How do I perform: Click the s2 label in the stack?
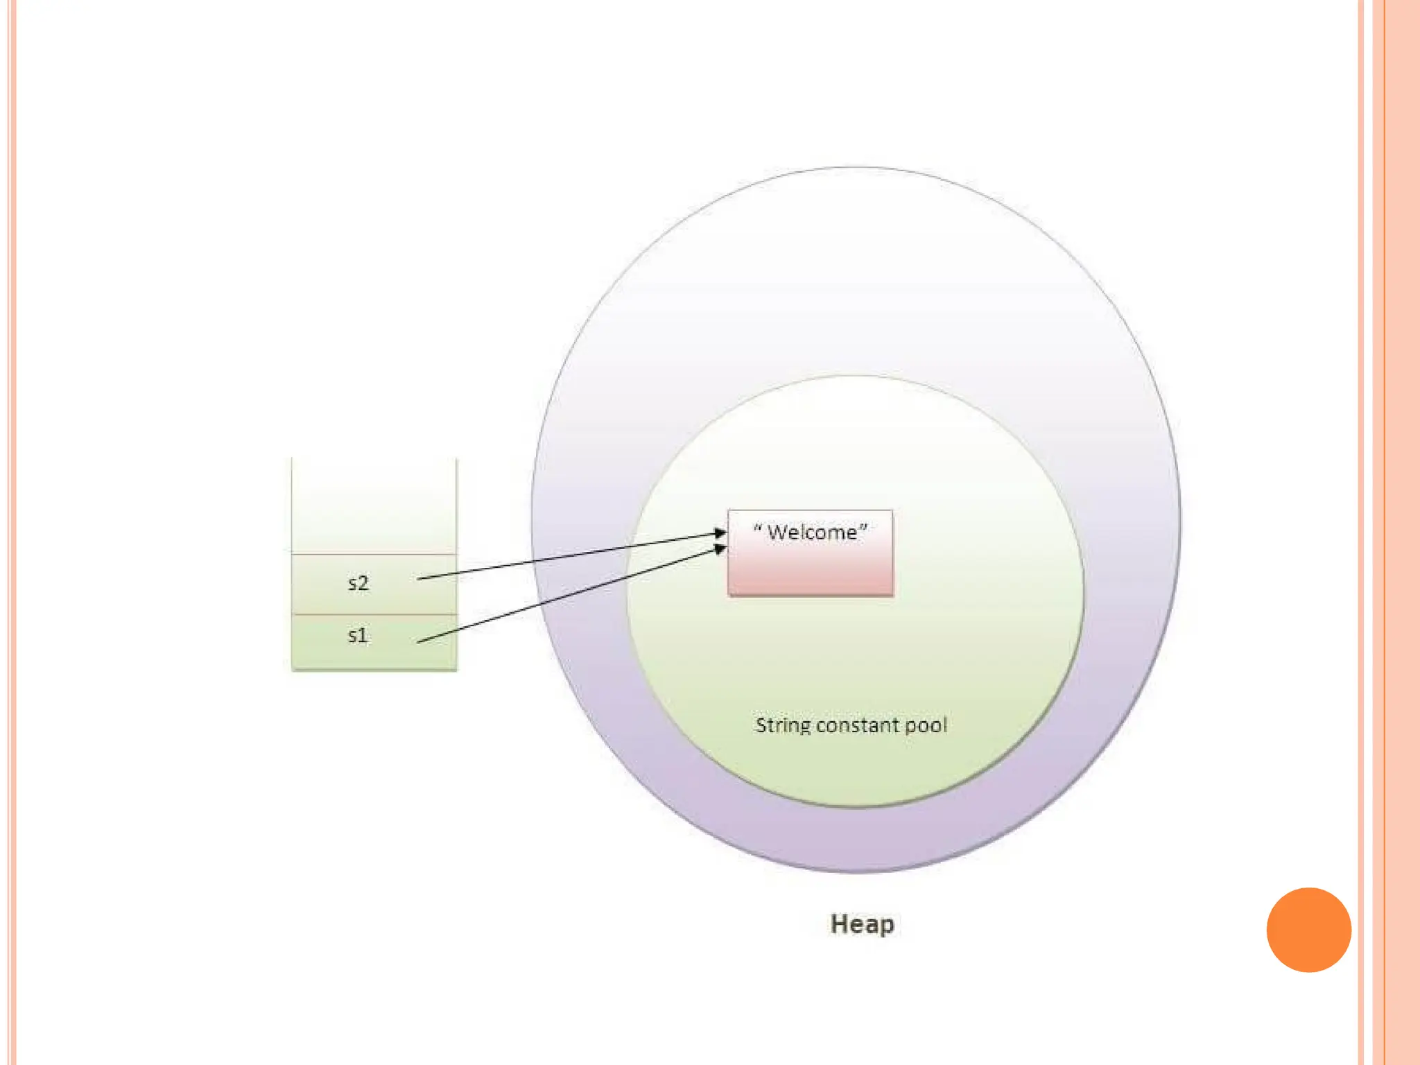point(358,583)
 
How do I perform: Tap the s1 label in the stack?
point(357,635)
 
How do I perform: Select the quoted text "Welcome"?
point(811,532)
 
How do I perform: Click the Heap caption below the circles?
point(862,924)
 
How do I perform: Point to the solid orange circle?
point(1308,930)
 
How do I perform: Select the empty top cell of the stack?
point(374,506)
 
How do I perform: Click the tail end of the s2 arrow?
point(419,578)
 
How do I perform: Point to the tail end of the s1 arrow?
point(419,642)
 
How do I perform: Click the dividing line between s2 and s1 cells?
point(374,614)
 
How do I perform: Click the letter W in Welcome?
point(779,532)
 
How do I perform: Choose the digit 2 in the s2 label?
point(363,583)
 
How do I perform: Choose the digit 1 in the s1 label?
point(363,635)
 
